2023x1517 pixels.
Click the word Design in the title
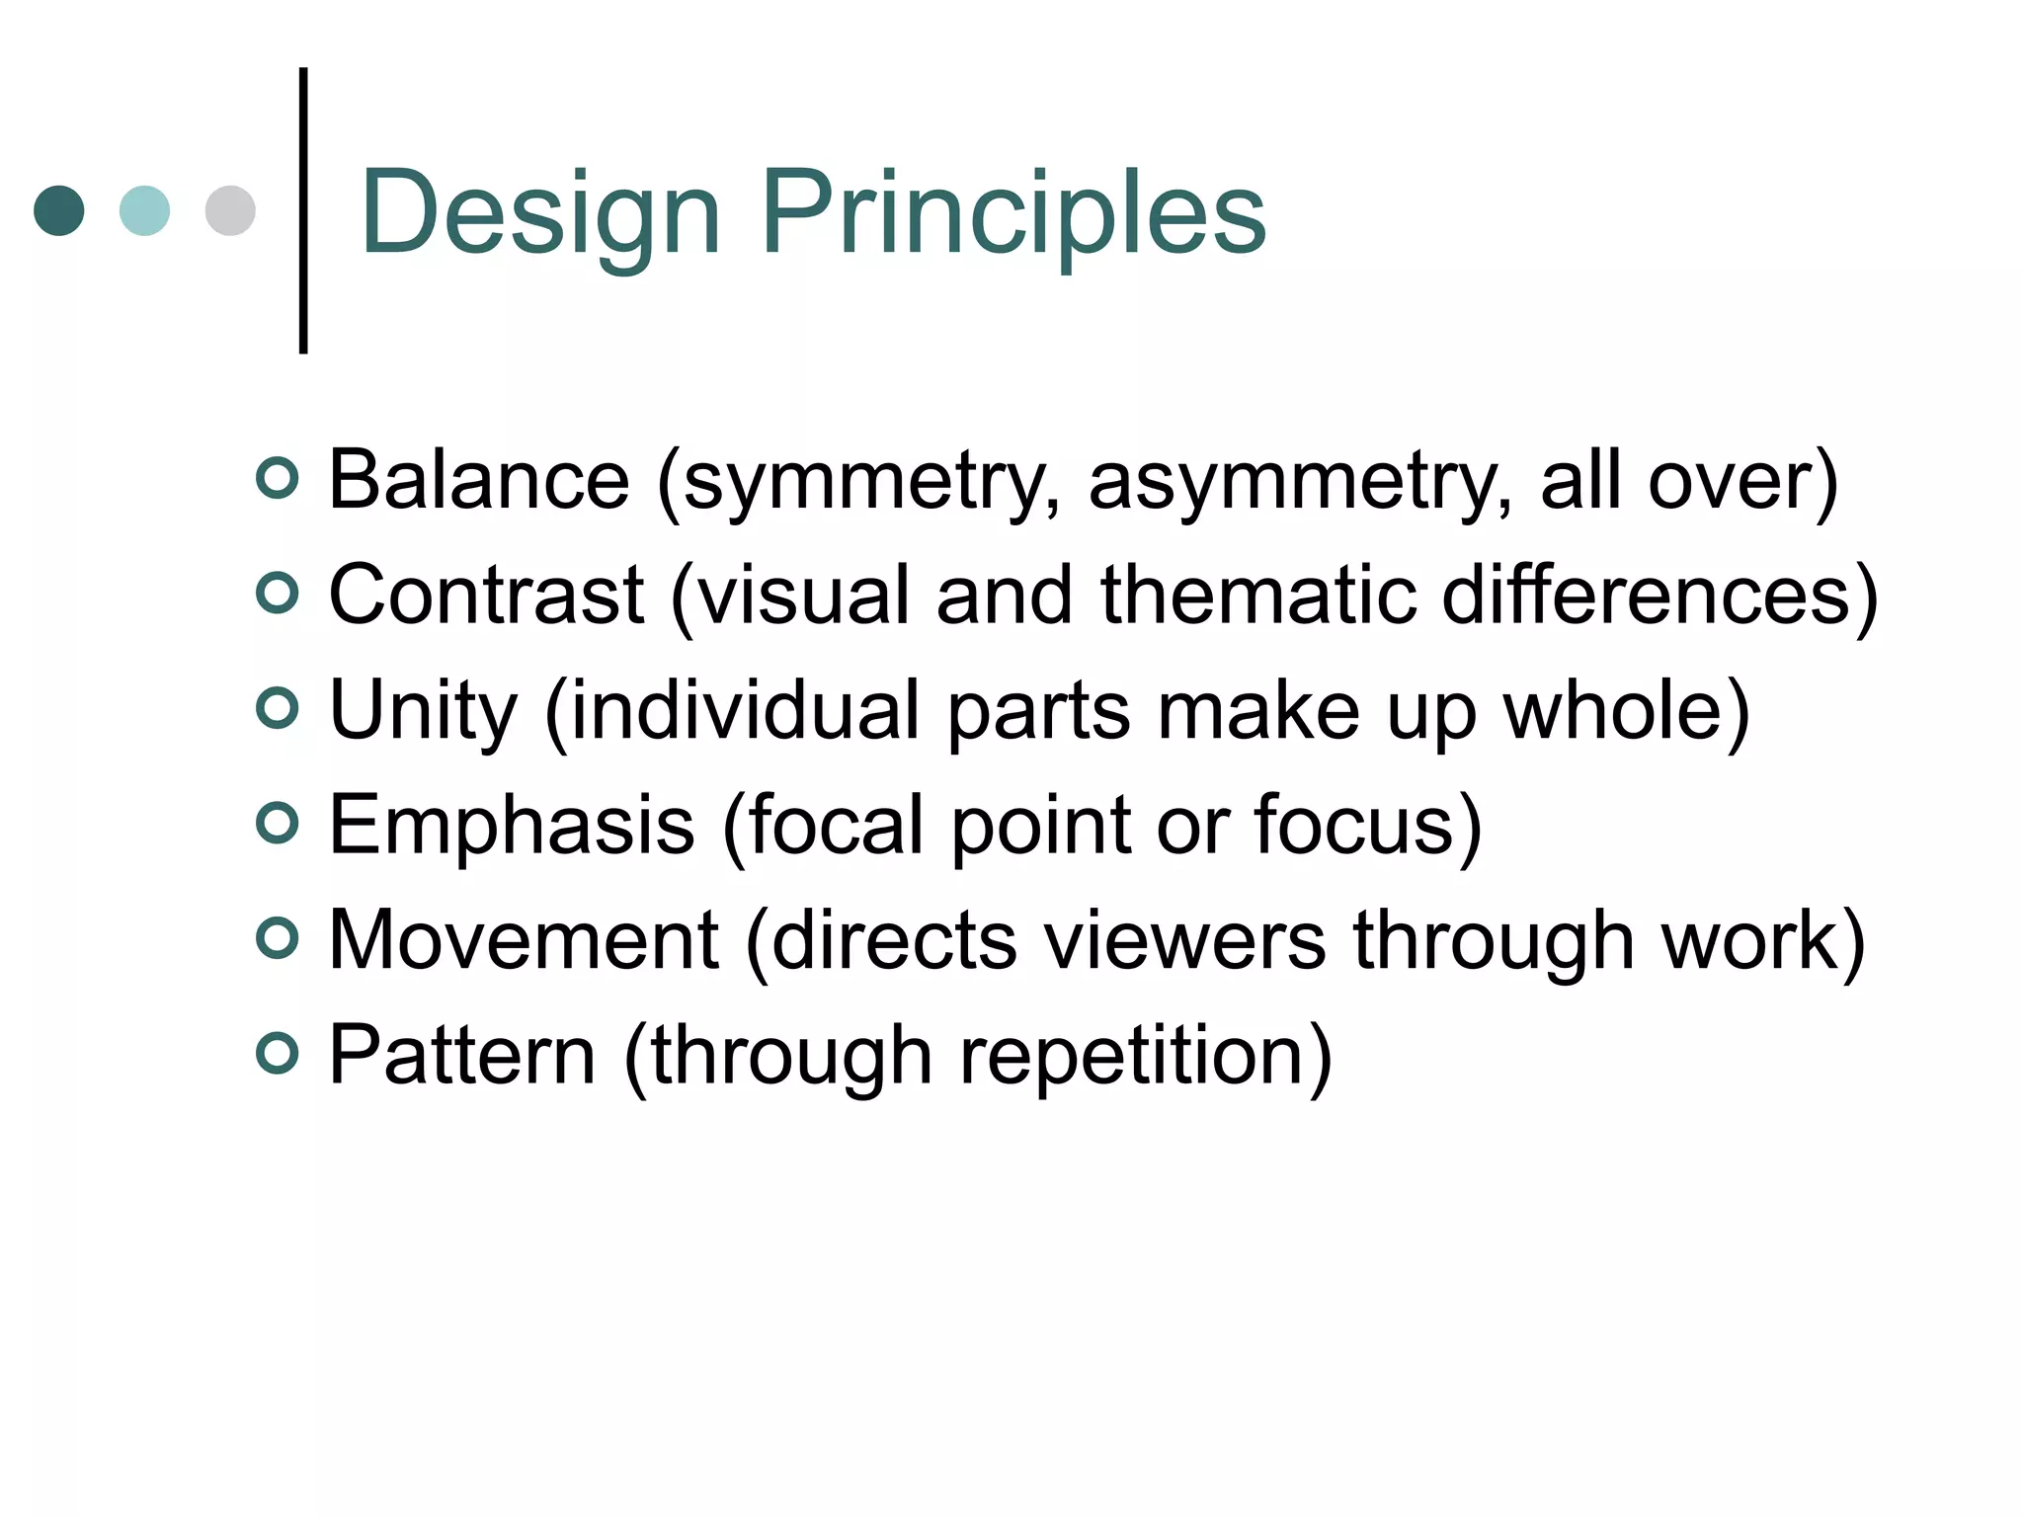539,213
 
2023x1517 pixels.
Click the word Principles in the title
1013,213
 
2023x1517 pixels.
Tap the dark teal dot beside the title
59,210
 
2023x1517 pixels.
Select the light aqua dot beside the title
144,210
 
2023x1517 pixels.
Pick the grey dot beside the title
230,210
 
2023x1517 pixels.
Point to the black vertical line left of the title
303,210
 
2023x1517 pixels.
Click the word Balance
478,481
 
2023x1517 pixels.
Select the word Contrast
486,596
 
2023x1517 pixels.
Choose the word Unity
423,711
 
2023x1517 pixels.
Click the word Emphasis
511,826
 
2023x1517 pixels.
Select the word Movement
523,940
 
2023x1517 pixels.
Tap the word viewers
1184,940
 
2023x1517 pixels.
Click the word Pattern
461,1056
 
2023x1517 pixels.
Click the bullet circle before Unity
277,708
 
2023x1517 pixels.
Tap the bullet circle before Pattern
277,1053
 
